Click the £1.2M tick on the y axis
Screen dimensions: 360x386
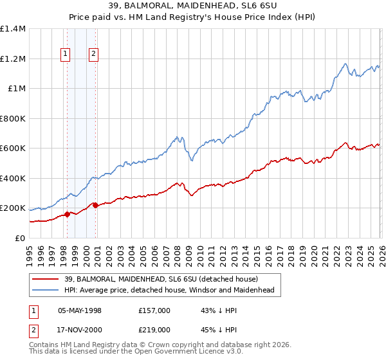(13, 59)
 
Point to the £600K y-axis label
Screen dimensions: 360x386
(13, 148)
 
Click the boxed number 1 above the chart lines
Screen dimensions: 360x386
(66, 55)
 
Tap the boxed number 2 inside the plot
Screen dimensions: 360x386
(94, 55)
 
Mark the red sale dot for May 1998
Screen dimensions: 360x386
(67, 215)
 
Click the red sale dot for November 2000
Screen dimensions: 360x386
(96, 206)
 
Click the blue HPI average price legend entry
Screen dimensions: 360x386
(167, 291)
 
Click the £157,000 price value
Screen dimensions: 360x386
(154, 310)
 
